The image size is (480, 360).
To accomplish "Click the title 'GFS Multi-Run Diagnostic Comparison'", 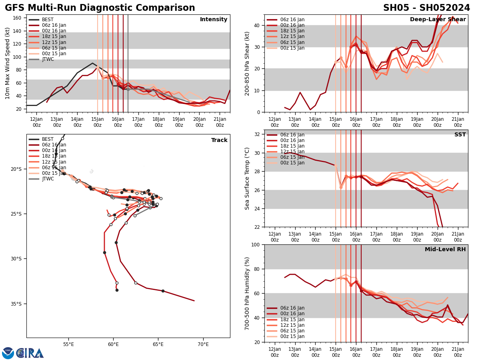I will [x=100, y=8].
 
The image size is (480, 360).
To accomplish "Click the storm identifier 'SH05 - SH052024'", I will [x=426, y=8].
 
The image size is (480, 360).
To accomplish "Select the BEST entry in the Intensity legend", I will [x=48, y=20].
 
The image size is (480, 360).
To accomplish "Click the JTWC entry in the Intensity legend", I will [x=48, y=59].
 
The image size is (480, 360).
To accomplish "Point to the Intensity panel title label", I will [x=214, y=20].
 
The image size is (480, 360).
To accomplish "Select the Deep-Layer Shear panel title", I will [x=438, y=20].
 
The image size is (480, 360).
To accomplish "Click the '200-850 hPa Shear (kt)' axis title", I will [x=247, y=63].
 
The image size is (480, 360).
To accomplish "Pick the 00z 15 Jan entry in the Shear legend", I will [x=292, y=48].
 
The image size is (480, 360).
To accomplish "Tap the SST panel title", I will [x=460, y=135].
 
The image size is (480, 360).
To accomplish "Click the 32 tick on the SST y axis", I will [x=258, y=134].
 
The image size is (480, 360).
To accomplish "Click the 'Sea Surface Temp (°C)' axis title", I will [x=247, y=178].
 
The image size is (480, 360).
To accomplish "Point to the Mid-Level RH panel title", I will [x=445, y=250].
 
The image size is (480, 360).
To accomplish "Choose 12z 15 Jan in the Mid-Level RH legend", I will [x=292, y=325].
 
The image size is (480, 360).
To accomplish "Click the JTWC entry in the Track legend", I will [x=48, y=179].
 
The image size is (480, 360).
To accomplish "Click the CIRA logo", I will [x=30, y=353].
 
